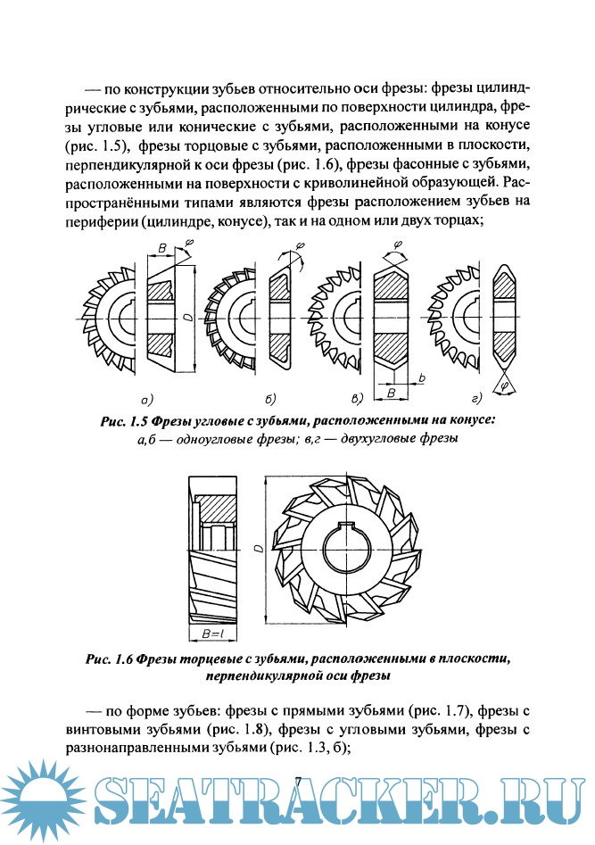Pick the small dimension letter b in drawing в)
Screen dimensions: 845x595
(421, 379)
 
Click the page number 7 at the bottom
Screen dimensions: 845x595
(299, 783)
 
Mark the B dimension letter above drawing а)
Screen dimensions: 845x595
(161, 246)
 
